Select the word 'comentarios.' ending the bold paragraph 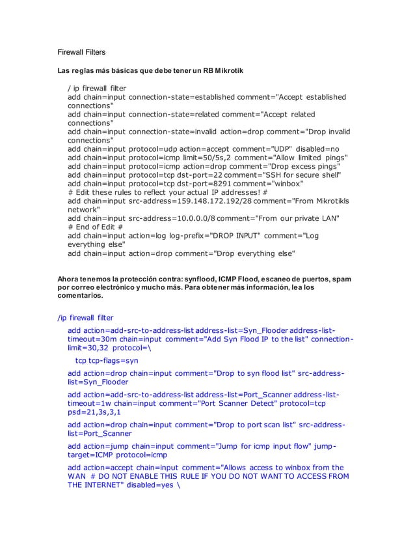click(x=80, y=295)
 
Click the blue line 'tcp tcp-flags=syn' click(x=107, y=360)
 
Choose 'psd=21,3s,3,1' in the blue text click(x=94, y=412)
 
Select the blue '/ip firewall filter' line click(x=85, y=317)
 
